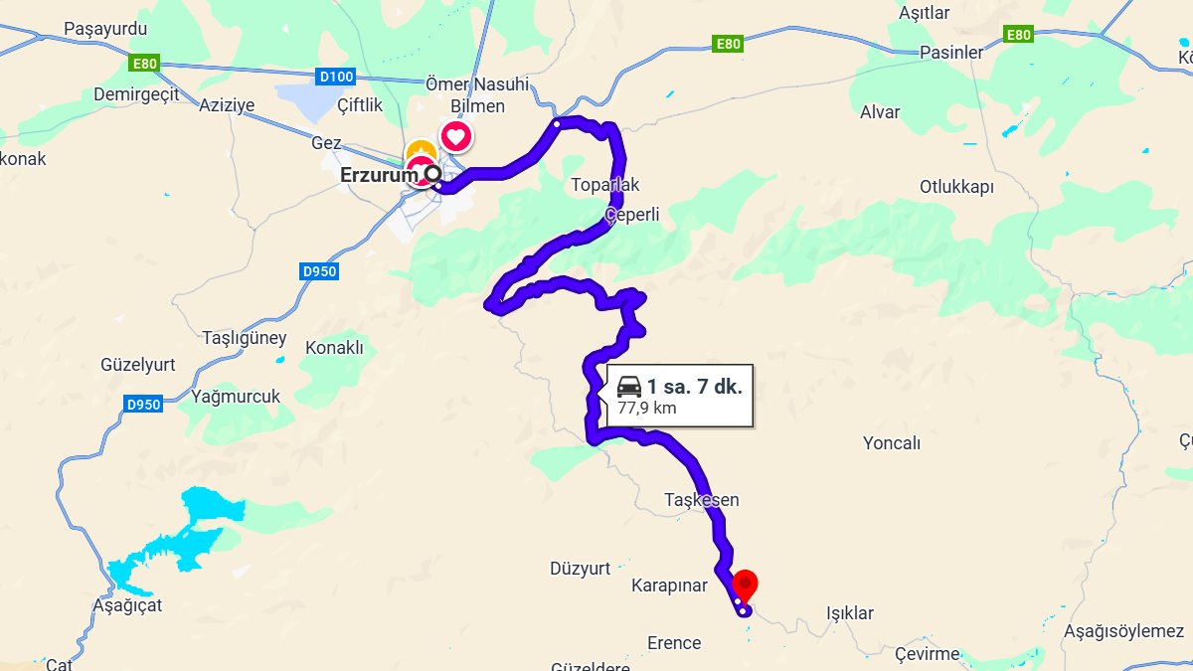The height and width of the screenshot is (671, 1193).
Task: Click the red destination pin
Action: (x=745, y=584)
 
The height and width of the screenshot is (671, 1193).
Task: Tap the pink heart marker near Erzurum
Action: (x=455, y=135)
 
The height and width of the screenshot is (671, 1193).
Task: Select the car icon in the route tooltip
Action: (x=629, y=387)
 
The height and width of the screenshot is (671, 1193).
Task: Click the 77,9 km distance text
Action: (x=647, y=408)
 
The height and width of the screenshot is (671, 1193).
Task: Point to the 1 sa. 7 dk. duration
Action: (x=694, y=387)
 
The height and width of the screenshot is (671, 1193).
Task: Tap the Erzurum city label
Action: (x=378, y=175)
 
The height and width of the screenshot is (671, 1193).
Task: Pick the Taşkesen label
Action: (x=702, y=499)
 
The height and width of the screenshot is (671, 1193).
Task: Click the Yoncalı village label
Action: (x=892, y=443)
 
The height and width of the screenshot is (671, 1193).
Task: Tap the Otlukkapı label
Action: (x=956, y=187)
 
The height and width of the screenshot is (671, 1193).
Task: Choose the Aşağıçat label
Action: (x=124, y=604)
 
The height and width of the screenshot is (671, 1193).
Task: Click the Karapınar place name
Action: (x=669, y=586)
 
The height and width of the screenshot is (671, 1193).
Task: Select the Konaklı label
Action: (x=334, y=348)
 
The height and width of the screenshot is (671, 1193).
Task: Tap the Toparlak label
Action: (x=605, y=185)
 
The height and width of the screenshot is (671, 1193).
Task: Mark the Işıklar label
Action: (x=850, y=613)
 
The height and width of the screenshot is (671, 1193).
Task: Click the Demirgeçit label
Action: (x=135, y=94)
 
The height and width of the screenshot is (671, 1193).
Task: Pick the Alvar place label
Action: (x=880, y=112)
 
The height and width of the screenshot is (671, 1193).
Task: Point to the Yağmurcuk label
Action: (x=236, y=397)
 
